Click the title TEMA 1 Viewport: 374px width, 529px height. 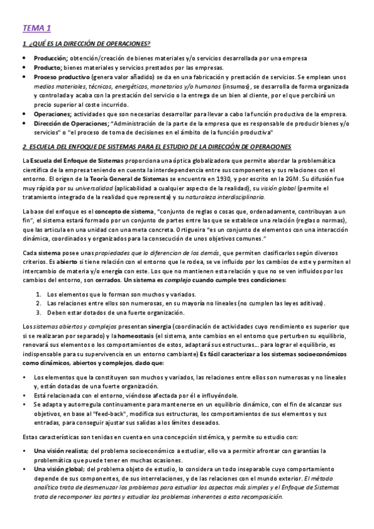click(37, 27)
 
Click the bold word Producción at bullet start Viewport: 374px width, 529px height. click(51, 58)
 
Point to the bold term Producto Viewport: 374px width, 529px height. click(47, 67)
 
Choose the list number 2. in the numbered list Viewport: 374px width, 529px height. click(39, 303)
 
